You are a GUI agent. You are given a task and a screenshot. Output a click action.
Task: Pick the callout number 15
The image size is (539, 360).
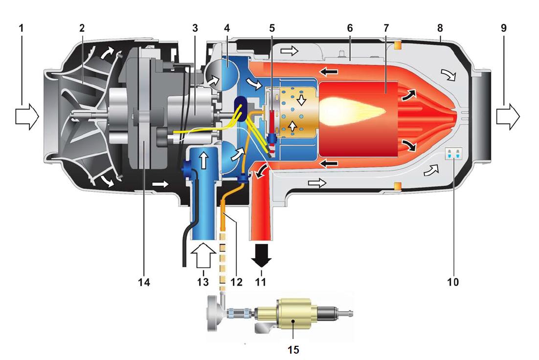coord(293,350)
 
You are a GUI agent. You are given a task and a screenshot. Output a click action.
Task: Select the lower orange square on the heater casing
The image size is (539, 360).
coord(398,186)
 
